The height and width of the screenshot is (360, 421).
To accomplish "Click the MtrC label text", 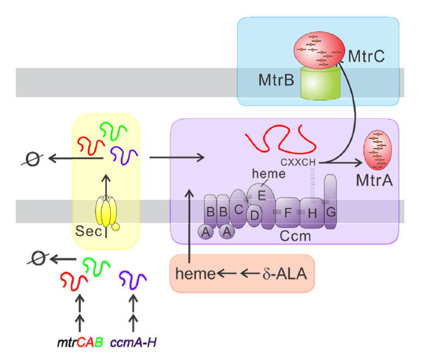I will pyautogui.click(x=366, y=56).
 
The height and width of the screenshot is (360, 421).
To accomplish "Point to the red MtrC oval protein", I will pyautogui.click(x=319, y=50).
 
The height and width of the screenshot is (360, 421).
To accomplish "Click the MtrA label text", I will pyautogui.click(x=374, y=180).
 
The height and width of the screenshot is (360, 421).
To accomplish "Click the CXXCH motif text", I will pyautogui.click(x=298, y=161).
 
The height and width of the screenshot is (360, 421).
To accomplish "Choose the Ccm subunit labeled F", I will pyautogui.click(x=287, y=213).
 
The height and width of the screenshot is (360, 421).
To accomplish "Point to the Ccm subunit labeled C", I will pyautogui.click(x=239, y=209).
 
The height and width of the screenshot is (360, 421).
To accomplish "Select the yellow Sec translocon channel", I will pyautogui.click(x=107, y=212).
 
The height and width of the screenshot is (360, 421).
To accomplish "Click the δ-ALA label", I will pyautogui.click(x=285, y=274).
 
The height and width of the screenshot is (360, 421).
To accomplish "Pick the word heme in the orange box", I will pyautogui.click(x=195, y=274).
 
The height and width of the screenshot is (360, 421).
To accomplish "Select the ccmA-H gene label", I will pyautogui.click(x=134, y=342).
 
